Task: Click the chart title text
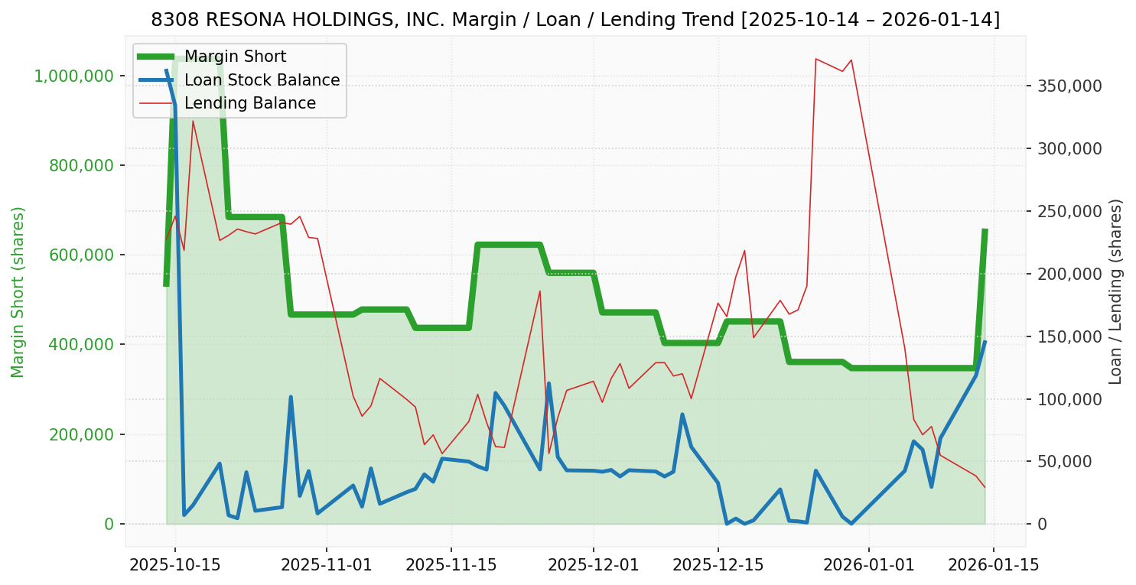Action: point(575,20)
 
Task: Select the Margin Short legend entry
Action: point(235,57)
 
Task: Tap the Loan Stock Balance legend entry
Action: point(262,80)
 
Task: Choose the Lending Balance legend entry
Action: point(249,103)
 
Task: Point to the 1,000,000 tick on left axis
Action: point(74,76)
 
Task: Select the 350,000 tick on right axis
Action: point(1069,86)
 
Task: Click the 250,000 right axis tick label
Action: point(1069,211)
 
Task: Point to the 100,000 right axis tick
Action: point(1069,399)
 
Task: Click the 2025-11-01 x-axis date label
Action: point(327,567)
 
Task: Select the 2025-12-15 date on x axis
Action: point(718,567)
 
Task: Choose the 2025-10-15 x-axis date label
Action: point(175,567)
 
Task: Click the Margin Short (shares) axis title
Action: point(18,291)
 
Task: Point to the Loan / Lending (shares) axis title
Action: point(1116,291)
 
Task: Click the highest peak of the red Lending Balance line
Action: point(816,58)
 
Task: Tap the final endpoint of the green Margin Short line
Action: point(985,230)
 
